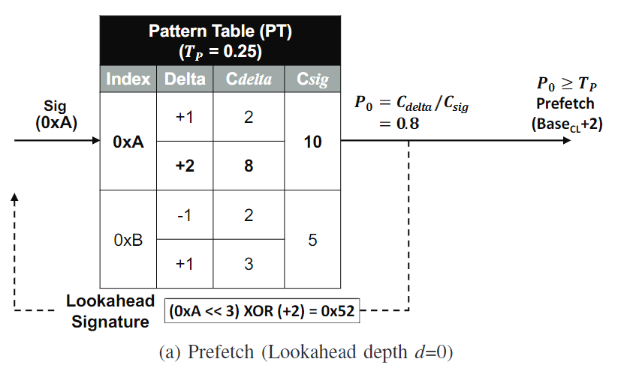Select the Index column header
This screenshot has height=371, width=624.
pos(128,79)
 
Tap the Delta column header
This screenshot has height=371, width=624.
pos(185,79)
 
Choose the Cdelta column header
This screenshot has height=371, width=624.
pos(249,79)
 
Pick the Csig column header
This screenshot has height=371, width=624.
pos(312,79)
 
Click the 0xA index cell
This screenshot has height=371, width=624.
pos(128,142)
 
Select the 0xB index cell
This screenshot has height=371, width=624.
pos(128,241)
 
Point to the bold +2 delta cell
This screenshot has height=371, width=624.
pos(185,166)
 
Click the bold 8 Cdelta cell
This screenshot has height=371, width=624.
pos(249,166)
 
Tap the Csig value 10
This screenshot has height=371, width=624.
pos(312,142)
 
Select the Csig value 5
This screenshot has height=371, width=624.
pos(312,241)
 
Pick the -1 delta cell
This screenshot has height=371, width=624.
pos(185,217)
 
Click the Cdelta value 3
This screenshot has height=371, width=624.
pos(249,264)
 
